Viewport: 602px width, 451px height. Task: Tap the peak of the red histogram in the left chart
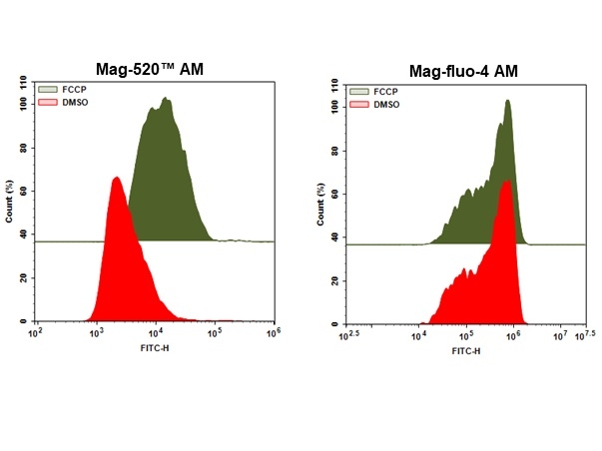click(x=117, y=178)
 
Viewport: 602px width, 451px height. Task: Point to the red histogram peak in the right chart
click(x=509, y=181)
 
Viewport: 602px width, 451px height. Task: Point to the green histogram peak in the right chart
click(x=508, y=101)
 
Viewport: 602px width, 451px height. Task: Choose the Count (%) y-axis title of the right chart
click(x=318, y=204)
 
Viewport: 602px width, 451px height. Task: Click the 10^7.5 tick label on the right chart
click(x=588, y=333)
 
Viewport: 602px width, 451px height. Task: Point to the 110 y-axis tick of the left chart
click(x=24, y=81)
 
